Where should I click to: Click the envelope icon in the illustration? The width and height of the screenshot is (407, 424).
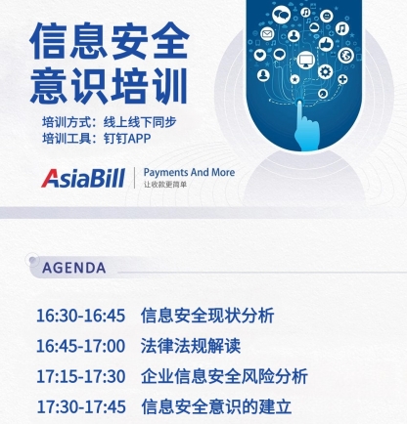pyautogui.click(x=267, y=33)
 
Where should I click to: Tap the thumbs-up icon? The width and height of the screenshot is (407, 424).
pyautogui.click(x=326, y=44)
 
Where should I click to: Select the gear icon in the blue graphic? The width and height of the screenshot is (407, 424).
pyautogui.click(x=325, y=71)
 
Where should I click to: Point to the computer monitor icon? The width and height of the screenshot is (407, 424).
pyautogui.click(x=306, y=61)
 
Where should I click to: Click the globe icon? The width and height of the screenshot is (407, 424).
pyautogui.click(x=345, y=55)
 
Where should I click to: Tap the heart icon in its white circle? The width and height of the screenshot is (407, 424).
pyautogui.click(x=260, y=55)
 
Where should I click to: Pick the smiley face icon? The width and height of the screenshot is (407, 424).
pyautogui.click(x=327, y=16)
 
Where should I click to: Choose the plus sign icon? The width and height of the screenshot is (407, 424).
pyautogui.click(x=342, y=79)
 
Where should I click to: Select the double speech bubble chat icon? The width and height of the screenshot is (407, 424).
pyautogui.click(x=282, y=15)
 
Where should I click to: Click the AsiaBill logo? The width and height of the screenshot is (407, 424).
pyautogui.click(x=83, y=178)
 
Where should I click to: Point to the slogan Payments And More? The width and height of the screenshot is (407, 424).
pyautogui.click(x=189, y=172)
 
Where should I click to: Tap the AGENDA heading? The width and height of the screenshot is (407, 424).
pyautogui.click(x=74, y=268)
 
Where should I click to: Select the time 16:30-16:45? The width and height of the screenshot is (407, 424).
pyautogui.click(x=81, y=316)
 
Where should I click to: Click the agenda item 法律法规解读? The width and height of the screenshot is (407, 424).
pyautogui.click(x=191, y=346)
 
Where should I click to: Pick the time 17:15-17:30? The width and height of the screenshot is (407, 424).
pyautogui.click(x=81, y=376)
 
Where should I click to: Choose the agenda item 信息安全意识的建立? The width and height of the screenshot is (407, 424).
pyautogui.click(x=216, y=406)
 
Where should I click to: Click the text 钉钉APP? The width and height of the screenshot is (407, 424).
pyautogui.click(x=127, y=139)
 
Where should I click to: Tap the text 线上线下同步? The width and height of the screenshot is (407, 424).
pyautogui.click(x=140, y=122)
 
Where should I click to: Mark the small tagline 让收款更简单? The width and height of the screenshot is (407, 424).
pyautogui.click(x=165, y=185)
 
